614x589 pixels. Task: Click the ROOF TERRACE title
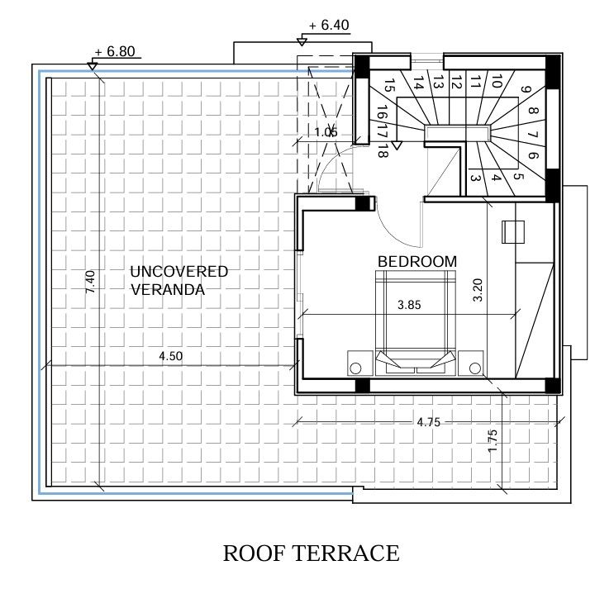pyautogui.click(x=311, y=553)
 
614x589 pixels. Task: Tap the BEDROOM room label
pyautogui.click(x=416, y=261)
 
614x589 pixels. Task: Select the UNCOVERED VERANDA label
pyautogui.click(x=178, y=280)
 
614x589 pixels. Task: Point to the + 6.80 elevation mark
pyautogui.click(x=114, y=51)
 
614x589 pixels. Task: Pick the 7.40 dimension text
pyautogui.click(x=92, y=281)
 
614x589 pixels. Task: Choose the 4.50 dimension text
pyautogui.click(x=171, y=356)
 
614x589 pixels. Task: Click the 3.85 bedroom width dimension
pyautogui.click(x=409, y=305)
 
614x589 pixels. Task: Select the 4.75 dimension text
pyautogui.click(x=428, y=422)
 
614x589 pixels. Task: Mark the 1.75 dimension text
pyautogui.click(x=493, y=441)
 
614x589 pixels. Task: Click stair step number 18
pyautogui.click(x=383, y=150)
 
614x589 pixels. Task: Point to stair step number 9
pyautogui.click(x=526, y=92)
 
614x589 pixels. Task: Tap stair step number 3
pyautogui.click(x=475, y=177)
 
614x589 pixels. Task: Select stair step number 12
pyautogui.click(x=455, y=82)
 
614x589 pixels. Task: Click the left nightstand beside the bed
pyautogui.click(x=358, y=364)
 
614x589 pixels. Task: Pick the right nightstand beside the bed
pyautogui.click(x=474, y=364)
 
